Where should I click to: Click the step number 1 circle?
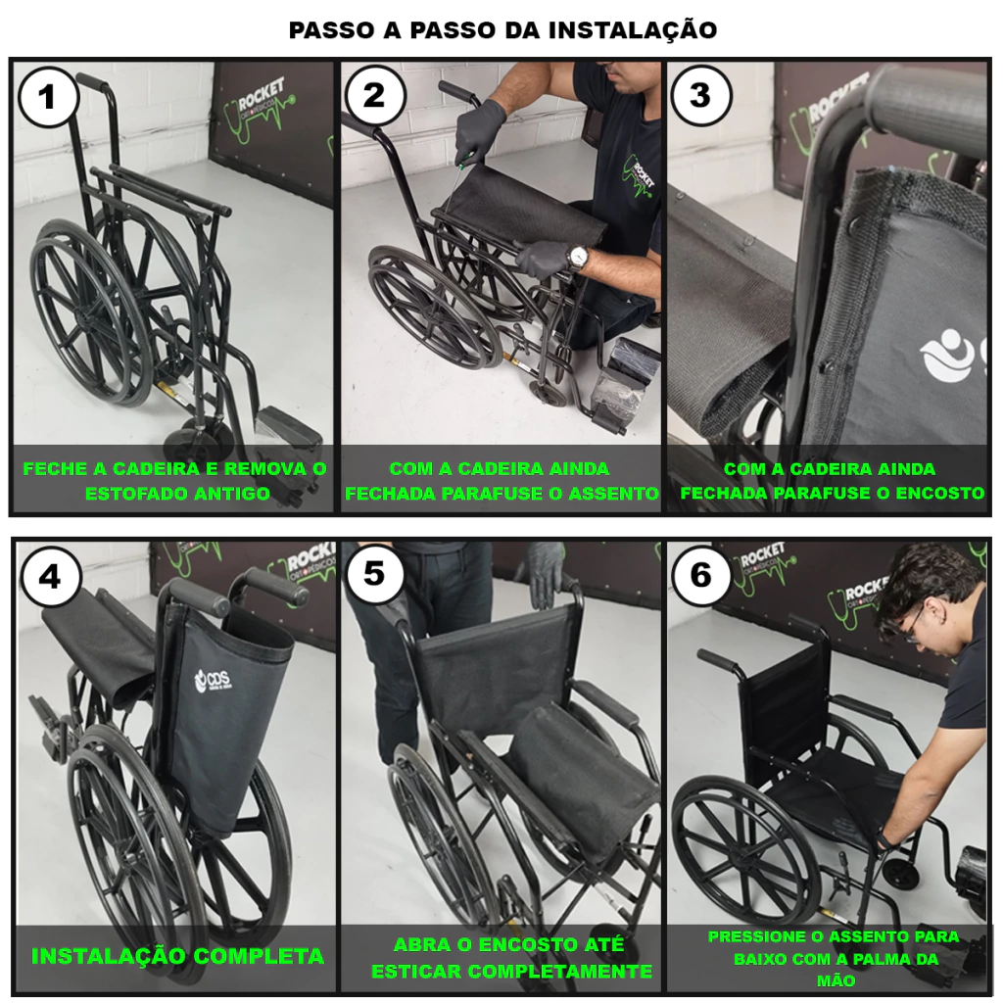[48, 98]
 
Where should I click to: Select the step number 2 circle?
[374, 96]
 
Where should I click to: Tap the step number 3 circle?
[699, 95]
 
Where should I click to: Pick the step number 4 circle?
[51, 577]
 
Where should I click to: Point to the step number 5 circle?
[375, 573]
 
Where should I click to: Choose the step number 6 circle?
[701, 574]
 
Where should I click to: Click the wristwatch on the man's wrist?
[578, 257]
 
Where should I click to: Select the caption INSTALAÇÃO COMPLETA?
[177, 956]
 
